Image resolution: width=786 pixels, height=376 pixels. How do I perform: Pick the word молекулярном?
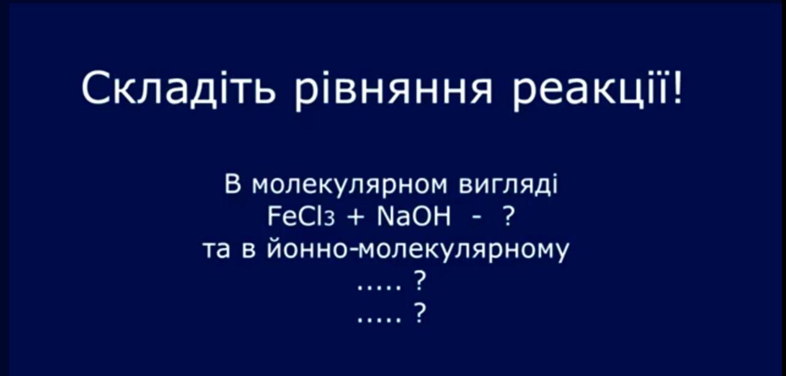[x=350, y=186]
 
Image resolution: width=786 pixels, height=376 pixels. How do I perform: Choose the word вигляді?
[x=508, y=185]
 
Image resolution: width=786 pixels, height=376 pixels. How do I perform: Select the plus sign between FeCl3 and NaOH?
[x=356, y=218]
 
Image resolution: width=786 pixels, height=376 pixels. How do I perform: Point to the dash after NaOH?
[x=477, y=219]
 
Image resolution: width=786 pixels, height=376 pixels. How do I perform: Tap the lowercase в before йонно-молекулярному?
[x=248, y=251]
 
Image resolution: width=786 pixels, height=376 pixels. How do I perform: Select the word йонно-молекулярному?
[x=417, y=250]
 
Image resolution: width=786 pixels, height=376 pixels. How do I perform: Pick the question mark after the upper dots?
[x=420, y=281]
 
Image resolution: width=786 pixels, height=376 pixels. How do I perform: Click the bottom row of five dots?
[x=379, y=320]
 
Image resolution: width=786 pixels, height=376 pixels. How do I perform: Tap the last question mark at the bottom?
[x=420, y=313]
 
